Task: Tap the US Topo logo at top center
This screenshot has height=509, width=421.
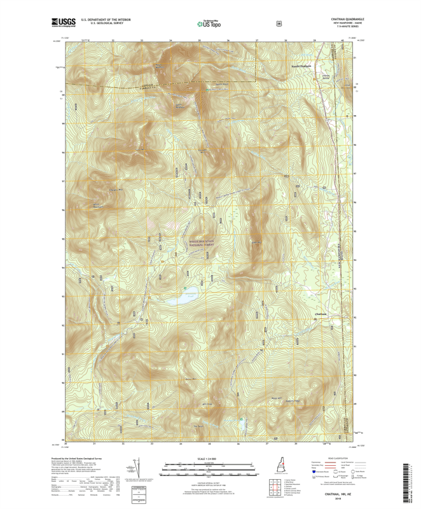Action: point(210,23)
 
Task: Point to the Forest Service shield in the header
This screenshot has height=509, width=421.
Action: point(278,24)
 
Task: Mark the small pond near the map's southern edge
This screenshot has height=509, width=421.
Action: point(240,421)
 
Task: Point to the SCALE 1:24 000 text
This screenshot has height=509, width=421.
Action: point(210,459)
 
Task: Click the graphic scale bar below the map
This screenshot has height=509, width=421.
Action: point(210,466)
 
